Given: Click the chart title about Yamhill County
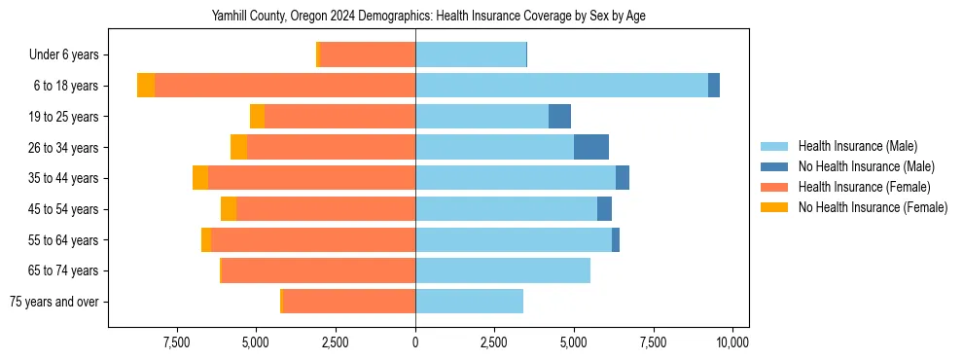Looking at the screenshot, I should click(x=428, y=17).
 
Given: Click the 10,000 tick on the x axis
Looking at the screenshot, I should click(x=731, y=342).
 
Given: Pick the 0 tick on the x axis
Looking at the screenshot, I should click(x=415, y=342).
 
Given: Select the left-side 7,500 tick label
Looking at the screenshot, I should click(x=176, y=342).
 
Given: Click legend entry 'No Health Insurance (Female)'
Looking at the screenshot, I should click(x=872, y=207).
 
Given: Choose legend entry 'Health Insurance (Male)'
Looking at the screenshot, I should click(x=857, y=146).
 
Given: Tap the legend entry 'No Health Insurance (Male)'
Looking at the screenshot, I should click(x=865, y=166).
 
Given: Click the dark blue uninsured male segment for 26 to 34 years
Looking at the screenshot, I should click(x=591, y=147).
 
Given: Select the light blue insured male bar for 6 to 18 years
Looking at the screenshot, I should click(x=561, y=86).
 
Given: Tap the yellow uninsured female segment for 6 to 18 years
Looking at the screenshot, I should click(x=146, y=86).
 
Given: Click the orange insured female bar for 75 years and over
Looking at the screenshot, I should click(x=349, y=302).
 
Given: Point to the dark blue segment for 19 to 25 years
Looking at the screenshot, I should click(x=559, y=117).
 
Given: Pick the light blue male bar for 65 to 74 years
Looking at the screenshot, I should click(x=503, y=270).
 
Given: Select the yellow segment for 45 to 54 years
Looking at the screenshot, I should click(x=229, y=209).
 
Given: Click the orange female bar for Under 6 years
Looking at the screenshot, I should click(x=368, y=55).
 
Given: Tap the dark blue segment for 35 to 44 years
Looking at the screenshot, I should click(x=623, y=178).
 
